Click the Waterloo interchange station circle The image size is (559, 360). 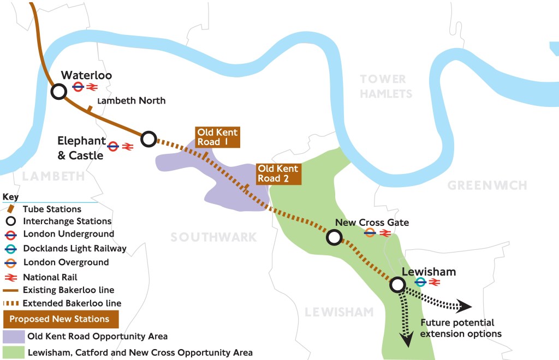[58, 92]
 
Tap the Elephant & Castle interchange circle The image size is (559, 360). [148, 139]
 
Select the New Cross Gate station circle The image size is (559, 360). [334, 237]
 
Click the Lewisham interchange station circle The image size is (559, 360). [397, 284]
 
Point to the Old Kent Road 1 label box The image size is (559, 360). [218, 137]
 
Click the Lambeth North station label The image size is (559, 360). [131, 101]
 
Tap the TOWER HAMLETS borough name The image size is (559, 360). [386, 87]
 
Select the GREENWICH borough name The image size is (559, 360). [487, 186]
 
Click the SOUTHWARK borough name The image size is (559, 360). [213, 237]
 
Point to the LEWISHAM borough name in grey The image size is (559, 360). [339, 312]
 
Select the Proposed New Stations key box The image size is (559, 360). [61, 319]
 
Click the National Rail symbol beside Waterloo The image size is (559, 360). [91, 87]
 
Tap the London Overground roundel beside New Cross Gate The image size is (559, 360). [370, 233]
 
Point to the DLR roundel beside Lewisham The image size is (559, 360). [420, 282]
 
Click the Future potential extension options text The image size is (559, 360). [461, 328]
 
